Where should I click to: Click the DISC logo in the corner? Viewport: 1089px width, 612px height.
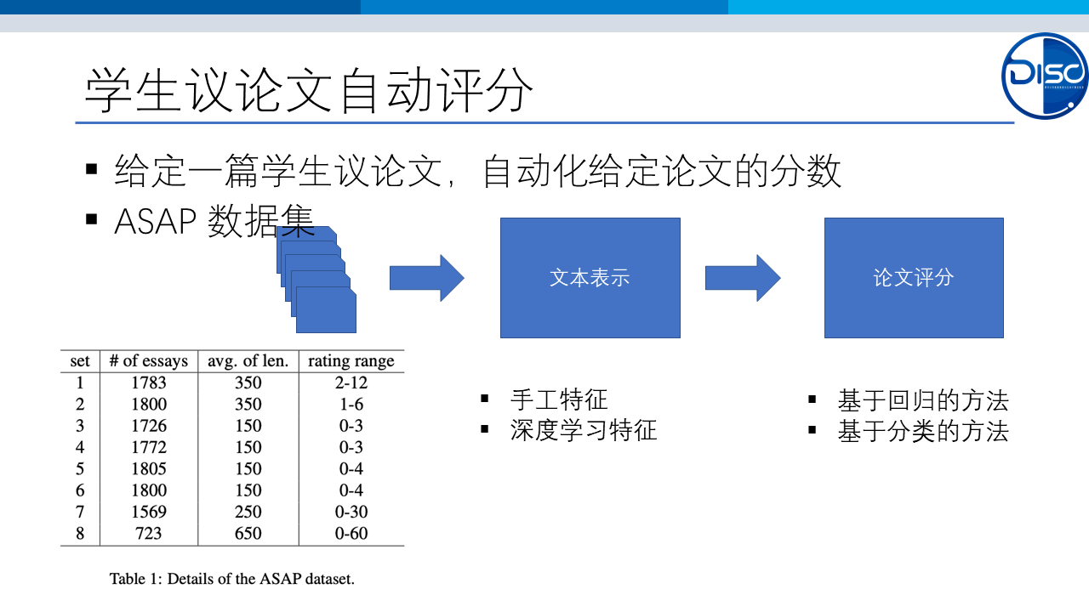(1044, 76)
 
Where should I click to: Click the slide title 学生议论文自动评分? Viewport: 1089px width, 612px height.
(309, 90)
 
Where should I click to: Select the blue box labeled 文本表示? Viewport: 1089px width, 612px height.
(590, 278)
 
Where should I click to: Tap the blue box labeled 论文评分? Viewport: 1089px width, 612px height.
(914, 278)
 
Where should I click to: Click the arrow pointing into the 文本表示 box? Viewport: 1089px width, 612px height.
(427, 278)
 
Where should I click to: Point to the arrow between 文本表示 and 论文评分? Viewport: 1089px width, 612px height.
(743, 278)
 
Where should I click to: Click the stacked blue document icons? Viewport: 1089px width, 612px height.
(316, 280)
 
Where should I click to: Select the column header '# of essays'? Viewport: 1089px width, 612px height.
(149, 361)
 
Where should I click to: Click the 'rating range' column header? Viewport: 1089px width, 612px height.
(351, 361)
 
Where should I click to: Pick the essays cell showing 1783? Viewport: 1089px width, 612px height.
(149, 382)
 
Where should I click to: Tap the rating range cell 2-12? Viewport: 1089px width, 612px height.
(351, 382)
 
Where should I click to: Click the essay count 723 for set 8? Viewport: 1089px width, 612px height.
(149, 533)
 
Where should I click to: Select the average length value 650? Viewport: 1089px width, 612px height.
(248, 533)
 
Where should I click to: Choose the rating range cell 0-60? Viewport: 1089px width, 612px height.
(351, 533)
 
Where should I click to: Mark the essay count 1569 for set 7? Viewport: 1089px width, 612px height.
(149, 512)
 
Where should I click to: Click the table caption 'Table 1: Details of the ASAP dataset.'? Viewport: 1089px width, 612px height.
(232, 579)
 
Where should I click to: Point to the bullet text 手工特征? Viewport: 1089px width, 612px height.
(559, 399)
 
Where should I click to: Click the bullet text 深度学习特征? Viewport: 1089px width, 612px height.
(584, 430)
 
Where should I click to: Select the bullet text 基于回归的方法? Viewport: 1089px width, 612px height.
(923, 400)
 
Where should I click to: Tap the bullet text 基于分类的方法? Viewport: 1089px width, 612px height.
(923, 431)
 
